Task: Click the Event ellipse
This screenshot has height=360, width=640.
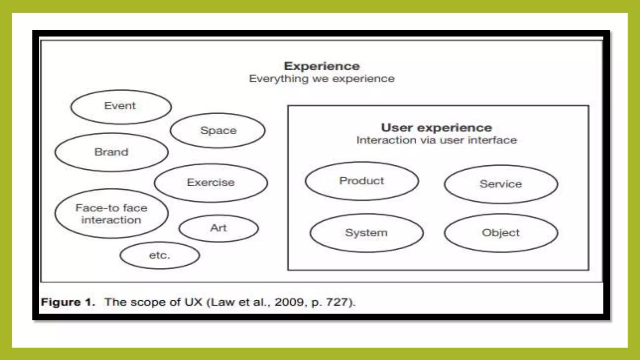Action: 121,107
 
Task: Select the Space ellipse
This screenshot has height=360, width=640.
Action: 218,131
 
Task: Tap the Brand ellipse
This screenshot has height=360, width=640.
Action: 112,152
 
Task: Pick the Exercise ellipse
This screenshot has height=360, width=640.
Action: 211,183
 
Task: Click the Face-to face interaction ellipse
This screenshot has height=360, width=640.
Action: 112,214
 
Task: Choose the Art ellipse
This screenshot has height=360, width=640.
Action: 219,228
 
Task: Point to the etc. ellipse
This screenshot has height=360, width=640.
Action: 160,256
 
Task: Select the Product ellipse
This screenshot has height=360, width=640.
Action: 362,181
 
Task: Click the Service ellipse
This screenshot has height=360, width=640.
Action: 501,184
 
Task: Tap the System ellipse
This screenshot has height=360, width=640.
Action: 367,233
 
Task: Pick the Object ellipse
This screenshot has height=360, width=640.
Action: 501,233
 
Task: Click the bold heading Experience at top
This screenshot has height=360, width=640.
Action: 322,66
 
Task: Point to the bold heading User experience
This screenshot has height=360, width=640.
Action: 437,128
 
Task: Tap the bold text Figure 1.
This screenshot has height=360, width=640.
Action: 68,302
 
